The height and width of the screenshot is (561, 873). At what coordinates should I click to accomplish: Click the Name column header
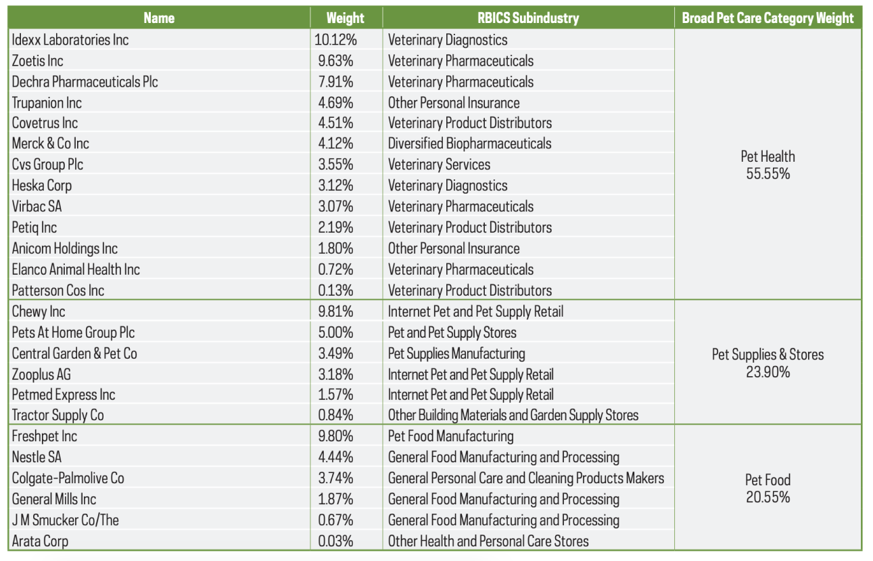159,18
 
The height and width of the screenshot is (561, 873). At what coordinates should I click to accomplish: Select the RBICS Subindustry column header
528,18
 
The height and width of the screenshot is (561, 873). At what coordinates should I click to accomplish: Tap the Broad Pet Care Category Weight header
768,18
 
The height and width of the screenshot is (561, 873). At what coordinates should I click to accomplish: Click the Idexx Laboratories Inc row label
70,40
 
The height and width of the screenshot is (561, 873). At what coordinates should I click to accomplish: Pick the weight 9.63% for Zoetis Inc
335,61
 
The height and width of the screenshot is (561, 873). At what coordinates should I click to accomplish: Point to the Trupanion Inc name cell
47,103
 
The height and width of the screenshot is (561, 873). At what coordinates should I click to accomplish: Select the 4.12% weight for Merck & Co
335,143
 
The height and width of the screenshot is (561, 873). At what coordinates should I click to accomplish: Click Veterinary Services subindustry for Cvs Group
439,164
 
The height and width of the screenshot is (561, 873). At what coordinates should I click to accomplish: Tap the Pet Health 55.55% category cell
768,164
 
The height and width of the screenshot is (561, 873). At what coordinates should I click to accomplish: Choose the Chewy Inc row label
39,311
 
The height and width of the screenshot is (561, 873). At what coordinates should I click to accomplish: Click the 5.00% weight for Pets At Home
335,332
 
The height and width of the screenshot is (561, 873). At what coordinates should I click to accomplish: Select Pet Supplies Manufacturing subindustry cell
456,353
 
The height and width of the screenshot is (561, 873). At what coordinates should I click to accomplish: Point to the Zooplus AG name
41,374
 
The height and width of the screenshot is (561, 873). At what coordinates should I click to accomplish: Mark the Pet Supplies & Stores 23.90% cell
768,363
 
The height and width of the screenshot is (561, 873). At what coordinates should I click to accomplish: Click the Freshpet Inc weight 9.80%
335,436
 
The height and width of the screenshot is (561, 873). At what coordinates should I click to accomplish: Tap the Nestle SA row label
37,457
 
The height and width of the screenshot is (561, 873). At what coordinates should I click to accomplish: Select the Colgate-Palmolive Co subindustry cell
525,478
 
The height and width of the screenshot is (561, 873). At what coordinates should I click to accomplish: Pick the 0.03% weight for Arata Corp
335,541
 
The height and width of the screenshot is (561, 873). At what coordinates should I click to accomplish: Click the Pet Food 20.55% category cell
768,488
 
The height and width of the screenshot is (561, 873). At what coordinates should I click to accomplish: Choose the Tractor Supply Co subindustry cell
513,415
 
